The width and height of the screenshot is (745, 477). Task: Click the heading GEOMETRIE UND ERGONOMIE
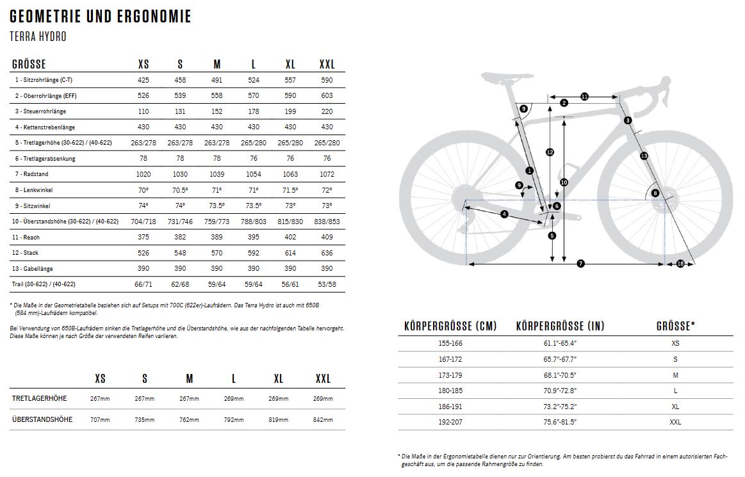[x=101, y=16]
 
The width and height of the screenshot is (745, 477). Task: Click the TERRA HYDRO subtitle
[x=38, y=36]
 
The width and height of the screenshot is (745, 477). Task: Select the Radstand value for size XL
[x=290, y=174]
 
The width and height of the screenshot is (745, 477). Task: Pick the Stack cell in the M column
[x=217, y=253]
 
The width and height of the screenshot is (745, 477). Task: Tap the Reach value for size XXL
[x=327, y=237]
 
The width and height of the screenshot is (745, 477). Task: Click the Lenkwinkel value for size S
[x=180, y=190]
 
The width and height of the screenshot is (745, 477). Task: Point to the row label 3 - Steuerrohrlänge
[x=44, y=111]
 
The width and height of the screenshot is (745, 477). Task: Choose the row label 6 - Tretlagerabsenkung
[x=47, y=158]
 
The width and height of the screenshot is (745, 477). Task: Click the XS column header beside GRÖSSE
[x=143, y=65]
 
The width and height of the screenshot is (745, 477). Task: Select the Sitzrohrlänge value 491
[x=217, y=80]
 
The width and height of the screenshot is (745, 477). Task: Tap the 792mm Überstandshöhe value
[x=234, y=420]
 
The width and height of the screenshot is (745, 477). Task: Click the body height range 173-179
[x=451, y=375]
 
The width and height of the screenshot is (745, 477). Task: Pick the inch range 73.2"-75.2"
[x=560, y=407]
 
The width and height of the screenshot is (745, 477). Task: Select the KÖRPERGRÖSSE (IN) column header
[x=560, y=326]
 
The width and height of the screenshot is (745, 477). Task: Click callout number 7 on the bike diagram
[x=580, y=264]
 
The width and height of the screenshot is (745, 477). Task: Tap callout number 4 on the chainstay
[x=504, y=214]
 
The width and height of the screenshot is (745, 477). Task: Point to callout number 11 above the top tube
[x=584, y=97]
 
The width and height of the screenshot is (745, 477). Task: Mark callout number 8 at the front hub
[x=655, y=193]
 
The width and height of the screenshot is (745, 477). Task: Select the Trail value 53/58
[x=327, y=284]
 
